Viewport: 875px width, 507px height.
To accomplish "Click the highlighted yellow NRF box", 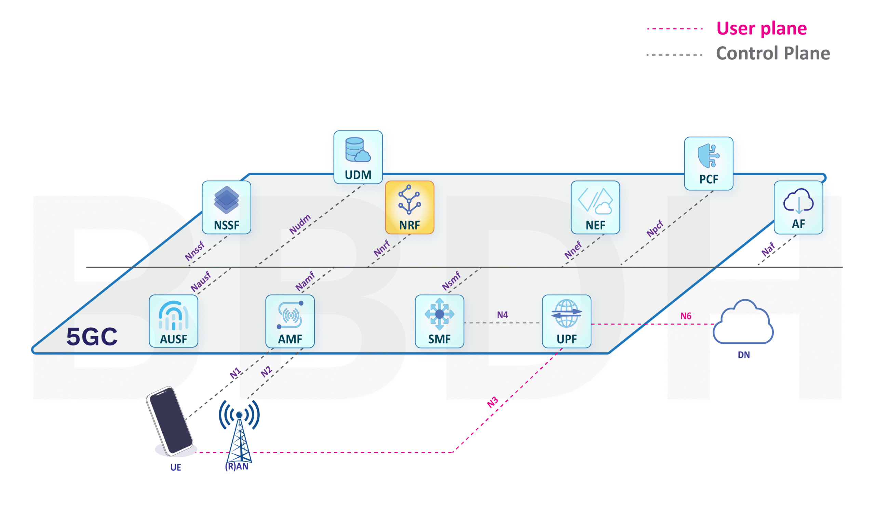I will pyautogui.click(x=409, y=207).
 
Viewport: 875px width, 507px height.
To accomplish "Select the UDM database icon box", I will pyautogui.click(x=358, y=157).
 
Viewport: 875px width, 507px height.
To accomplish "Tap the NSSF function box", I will pyautogui.click(x=226, y=207).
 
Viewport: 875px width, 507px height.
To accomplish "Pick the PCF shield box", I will pyautogui.click(x=708, y=163).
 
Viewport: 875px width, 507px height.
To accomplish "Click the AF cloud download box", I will pyautogui.click(x=798, y=207).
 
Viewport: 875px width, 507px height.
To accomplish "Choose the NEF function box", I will pyautogui.click(x=595, y=207).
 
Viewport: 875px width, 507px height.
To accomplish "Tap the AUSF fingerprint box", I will pyautogui.click(x=173, y=321).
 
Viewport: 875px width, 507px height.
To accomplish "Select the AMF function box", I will pyautogui.click(x=290, y=321).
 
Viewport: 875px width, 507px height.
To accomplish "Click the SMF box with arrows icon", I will pyautogui.click(x=439, y=321).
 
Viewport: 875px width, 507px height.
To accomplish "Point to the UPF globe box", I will pyautogui.click(x=566, y=321).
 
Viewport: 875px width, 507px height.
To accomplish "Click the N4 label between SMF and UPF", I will pyautogui.click(x=502, y=315).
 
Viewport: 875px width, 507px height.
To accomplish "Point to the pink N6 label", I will pyautogui.click(x=685, y=316).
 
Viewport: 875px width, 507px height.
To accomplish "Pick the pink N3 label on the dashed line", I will pyautogui.click(x=493, y=402).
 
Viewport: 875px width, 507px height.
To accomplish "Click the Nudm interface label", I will pyautogui.click(x=300, y=224).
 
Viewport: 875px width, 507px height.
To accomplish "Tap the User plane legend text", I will pyautogui.click(x=761, y=28).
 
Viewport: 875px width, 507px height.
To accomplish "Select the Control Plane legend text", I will pyautogui.click(x=772, y=53).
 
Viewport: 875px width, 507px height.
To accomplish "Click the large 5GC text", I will pyautogui.click(x=92, y=336).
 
